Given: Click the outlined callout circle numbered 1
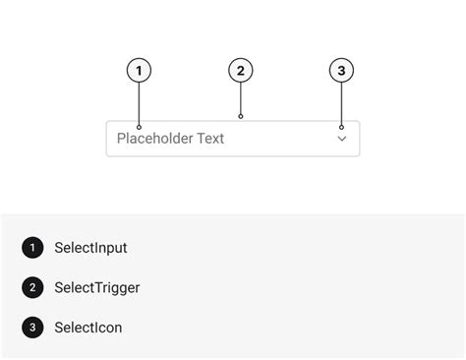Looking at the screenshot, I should (x=140, y=71).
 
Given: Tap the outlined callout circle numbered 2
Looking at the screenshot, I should (x=241, y=71).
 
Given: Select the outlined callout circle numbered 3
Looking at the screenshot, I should (x=341, y=71).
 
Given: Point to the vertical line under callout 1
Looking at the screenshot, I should (x=140, y=103).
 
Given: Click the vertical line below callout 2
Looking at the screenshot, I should (x=241, y=98).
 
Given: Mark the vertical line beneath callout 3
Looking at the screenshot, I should (x=341, y=103).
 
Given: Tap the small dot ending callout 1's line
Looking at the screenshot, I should (x=140, y=127).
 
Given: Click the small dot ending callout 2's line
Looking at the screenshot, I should (x=241, y=116).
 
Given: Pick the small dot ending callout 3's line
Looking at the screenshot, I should (x=341, y=127).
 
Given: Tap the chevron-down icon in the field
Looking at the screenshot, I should (x=342, y=140).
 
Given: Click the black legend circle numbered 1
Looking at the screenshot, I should (x=32, y=248).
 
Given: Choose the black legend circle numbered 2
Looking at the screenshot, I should (x=32, y=287).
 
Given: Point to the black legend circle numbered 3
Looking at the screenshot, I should (x=32, y=327).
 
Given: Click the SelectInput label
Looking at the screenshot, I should (x=90, y=248).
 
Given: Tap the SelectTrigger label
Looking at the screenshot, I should (x=96, y=288).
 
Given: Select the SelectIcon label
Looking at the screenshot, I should (x=88, y=328).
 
